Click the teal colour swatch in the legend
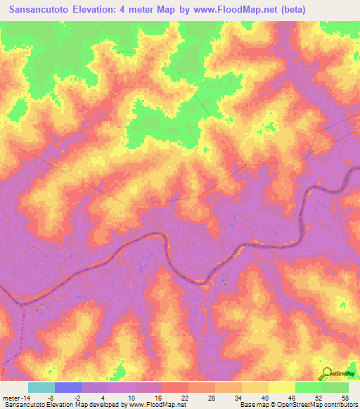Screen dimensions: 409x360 (x=41, y=387)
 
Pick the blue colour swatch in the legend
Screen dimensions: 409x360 (x=68, y=387)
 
